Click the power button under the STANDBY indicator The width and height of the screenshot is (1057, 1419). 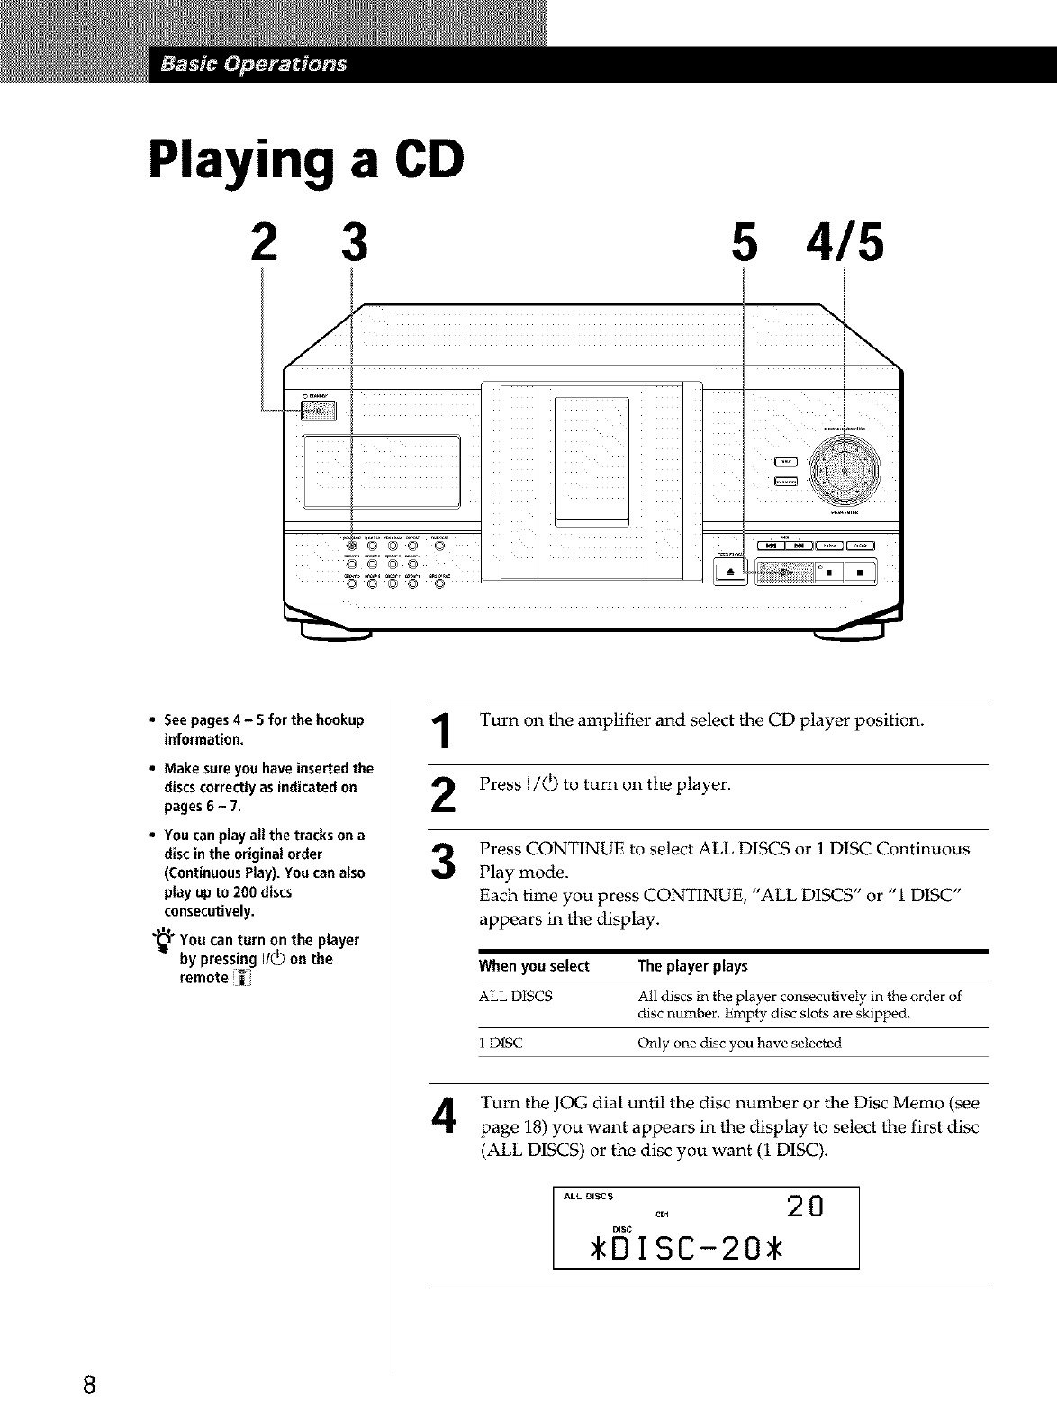pyautogui.click(x=317, y=411)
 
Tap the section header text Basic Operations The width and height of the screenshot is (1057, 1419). pyautogui.click(x=255, y=65)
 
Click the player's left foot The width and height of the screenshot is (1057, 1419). pyautogui.click(x=337, y=637)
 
